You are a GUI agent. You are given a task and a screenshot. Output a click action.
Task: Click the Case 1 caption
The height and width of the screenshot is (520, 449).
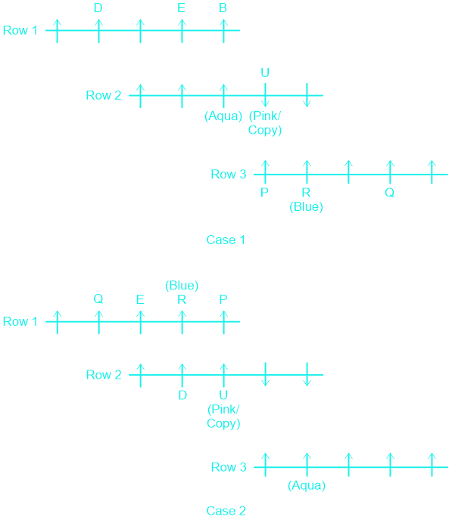226,240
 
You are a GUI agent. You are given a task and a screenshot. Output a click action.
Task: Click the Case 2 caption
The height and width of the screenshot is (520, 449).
226,511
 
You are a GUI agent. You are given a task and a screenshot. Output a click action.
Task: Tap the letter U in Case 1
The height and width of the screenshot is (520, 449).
265,73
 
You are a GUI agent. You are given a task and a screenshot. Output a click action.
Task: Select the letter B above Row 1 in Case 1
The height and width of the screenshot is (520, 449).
223,8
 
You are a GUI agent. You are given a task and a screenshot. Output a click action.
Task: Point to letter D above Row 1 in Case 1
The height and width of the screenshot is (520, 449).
98,8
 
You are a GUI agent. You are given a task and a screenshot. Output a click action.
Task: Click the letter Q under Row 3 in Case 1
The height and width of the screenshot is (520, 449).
389,192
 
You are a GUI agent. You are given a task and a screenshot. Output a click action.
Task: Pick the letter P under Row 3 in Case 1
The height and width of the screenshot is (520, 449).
264,192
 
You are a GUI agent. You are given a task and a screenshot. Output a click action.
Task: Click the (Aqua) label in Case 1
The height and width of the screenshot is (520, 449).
223,116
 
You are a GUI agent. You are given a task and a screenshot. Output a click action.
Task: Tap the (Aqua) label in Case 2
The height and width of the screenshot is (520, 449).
307,485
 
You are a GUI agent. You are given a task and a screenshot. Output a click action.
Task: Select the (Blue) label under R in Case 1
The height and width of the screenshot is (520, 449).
306,206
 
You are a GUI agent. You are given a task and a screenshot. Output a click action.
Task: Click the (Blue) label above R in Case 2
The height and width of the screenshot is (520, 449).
182,286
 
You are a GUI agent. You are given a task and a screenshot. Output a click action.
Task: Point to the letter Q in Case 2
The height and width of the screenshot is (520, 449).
98,299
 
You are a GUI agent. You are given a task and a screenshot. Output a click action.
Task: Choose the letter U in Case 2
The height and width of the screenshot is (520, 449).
223,395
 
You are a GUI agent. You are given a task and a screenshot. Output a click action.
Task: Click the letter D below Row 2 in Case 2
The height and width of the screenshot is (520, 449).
182,395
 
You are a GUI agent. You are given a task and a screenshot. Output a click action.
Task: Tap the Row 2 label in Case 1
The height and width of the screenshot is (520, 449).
104,95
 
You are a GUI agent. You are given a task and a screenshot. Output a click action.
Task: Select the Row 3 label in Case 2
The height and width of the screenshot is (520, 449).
229,467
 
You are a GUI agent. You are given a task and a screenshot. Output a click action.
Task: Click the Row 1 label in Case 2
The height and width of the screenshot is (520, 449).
20,321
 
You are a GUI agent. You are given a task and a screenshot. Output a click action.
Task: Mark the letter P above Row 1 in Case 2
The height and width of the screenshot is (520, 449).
223,299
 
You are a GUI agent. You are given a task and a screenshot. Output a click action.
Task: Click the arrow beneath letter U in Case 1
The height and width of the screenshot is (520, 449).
265,95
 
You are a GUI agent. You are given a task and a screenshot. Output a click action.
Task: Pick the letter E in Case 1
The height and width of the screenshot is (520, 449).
181,8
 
